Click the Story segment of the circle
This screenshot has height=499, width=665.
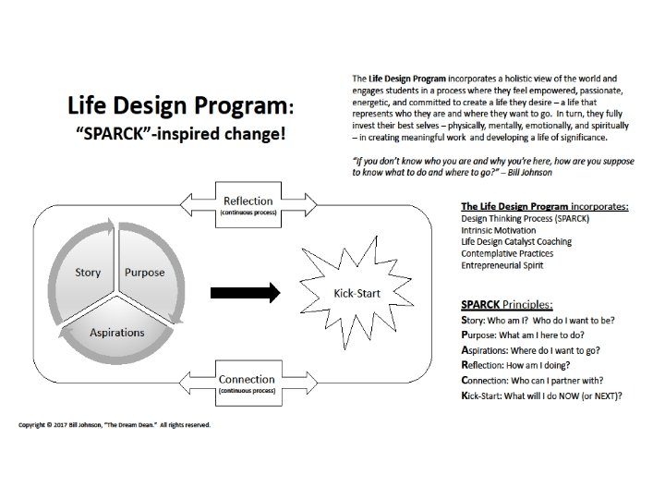88,273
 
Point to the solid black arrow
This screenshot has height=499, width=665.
244,294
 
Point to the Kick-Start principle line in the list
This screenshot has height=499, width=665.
539,396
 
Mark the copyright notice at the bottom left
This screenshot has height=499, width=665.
115,425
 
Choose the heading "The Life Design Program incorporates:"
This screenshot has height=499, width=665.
543,206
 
